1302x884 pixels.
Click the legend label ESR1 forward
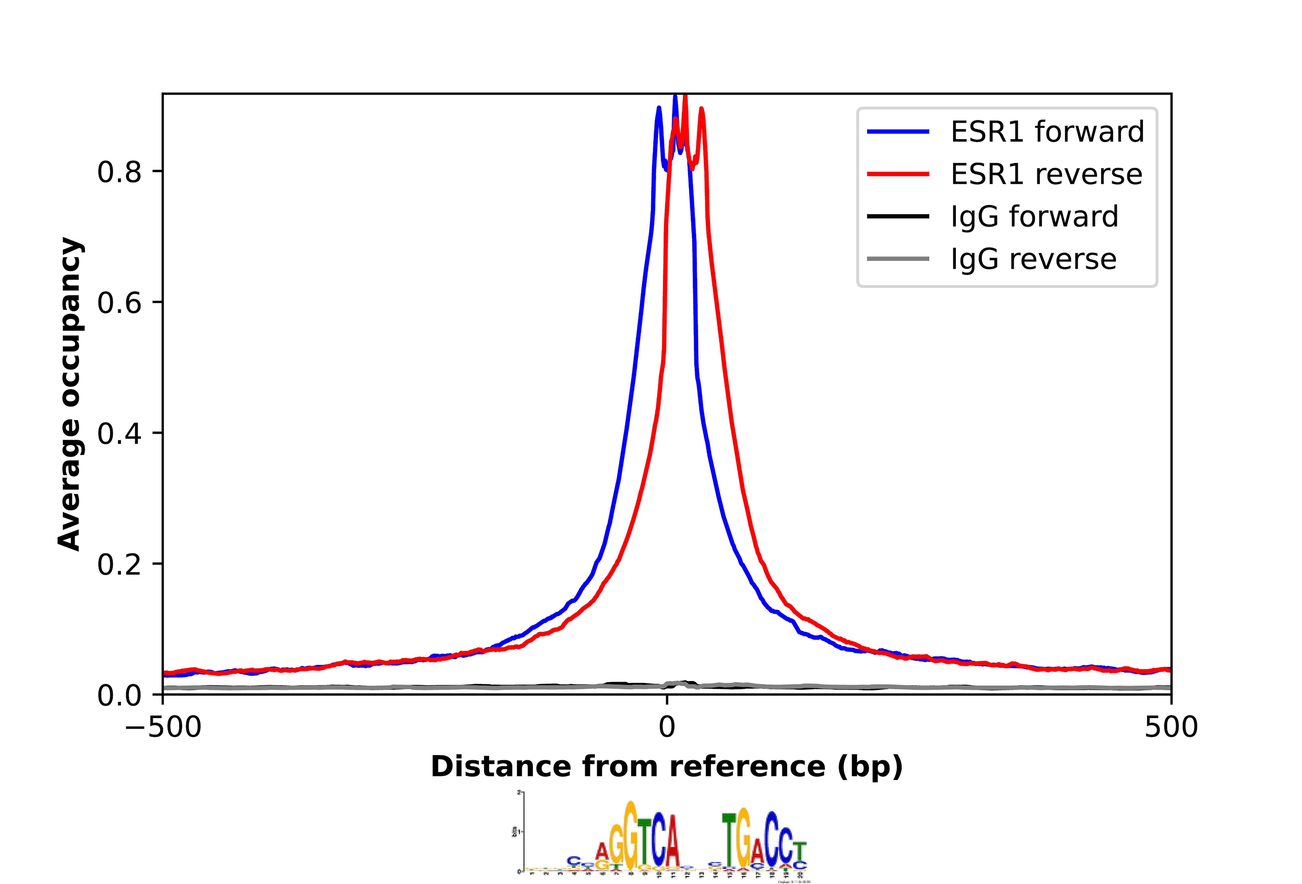coord(1047,132)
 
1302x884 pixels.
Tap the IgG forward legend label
coord(1034,217)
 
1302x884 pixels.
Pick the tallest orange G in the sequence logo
coord(631,831)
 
